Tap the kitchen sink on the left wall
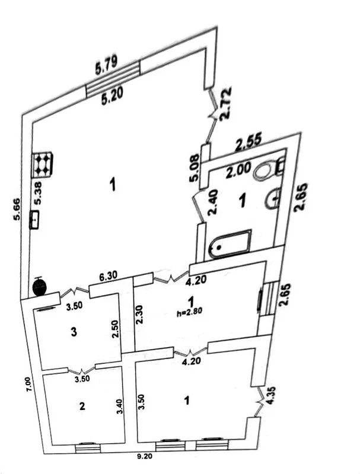click(x=35, y=219)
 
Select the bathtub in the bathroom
click(x=230, y=244)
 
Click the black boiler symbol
click(x=39, y=286)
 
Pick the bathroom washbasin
click(x=274, y=198)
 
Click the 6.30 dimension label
click(x=108, y=276)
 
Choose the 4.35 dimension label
click(x=270, y=396)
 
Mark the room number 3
click(x=74, y=332)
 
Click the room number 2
click(x=82, y=406)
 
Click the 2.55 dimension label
click(x=249, y=142)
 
